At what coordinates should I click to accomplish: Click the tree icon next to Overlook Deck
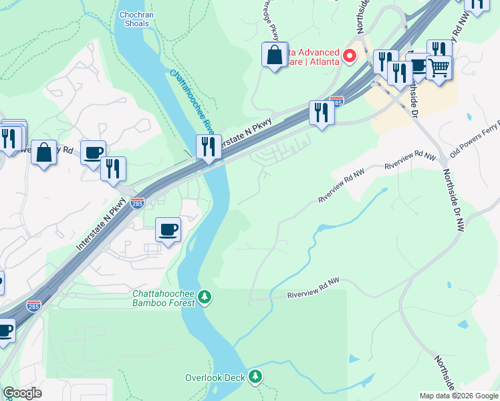click(255, 378)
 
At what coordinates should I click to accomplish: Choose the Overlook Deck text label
click(215, 378)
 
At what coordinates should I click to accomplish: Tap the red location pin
click(349, 56)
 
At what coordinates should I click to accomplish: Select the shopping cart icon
click(439, 67)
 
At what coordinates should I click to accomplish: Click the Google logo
click(22, 393)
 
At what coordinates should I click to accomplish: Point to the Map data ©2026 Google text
click(459, 396)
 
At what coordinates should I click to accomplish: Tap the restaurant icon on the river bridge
click(209, 146)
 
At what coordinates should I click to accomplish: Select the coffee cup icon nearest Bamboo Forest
click(168, 229)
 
